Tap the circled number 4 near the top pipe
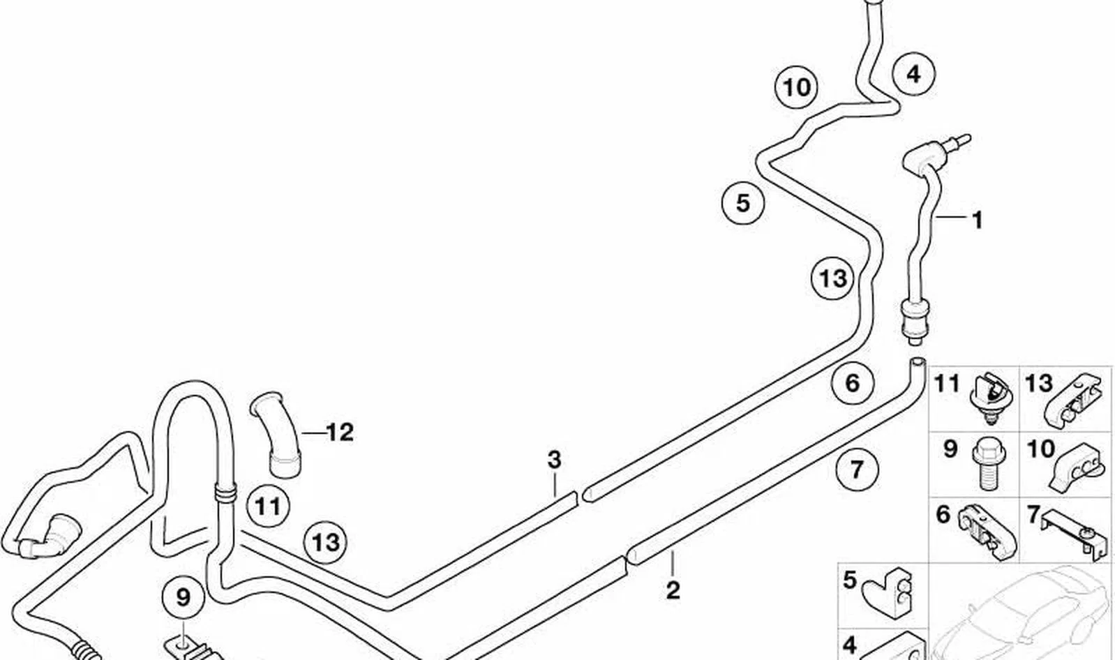913,74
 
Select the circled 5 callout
742,203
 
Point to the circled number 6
853,383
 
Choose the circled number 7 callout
857,468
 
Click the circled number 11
269,507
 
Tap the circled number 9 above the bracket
184,597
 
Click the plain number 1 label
978,220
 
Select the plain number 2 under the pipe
673,590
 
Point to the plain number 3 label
555,460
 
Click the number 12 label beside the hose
341,433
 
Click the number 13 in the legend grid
1039,383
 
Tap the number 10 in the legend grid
1041,449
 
